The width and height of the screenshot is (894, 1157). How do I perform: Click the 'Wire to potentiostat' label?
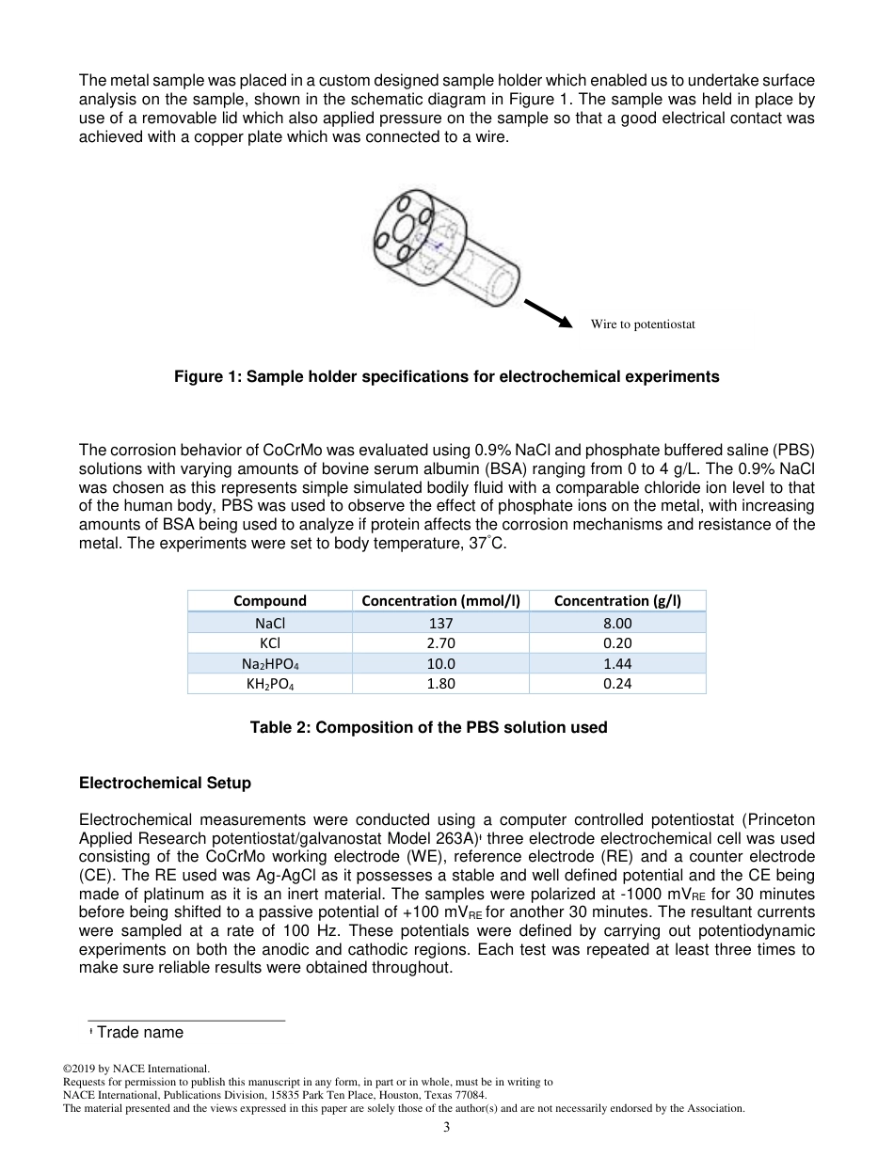(x=642, y=325)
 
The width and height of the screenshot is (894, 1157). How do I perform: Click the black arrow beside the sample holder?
(x=548, y=313)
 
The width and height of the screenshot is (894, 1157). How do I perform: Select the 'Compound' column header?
(x=270, y=600)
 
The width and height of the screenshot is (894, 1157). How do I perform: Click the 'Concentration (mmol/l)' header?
(x=440, y=600)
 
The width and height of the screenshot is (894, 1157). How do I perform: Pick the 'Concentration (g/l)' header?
(x=617, y=600)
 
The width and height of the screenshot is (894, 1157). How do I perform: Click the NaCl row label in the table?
(x=270, y=623)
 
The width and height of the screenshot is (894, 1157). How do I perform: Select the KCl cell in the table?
(x=270, y=643)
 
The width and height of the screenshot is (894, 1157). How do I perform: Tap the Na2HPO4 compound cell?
(x=270, y=664)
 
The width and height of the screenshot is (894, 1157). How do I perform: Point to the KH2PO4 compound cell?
(x=270, y=684)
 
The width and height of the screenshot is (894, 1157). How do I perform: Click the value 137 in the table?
(x=440, y=623)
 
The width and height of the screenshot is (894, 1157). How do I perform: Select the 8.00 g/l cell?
(x=617, y=623)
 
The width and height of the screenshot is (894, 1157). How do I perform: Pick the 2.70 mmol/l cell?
(x=440, y=643)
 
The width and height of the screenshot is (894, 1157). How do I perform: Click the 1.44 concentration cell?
(x=617, y=664)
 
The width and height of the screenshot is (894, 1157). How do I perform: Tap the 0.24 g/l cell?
(x=617, y=684)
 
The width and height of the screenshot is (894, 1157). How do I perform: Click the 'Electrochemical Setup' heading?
(x=165, y=783)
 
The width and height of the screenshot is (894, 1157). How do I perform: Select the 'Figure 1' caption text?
(x=446, y=376)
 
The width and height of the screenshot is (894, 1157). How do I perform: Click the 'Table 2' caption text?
(x=428, y=727)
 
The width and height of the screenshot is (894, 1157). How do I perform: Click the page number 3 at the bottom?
(x=447, y=1128)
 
